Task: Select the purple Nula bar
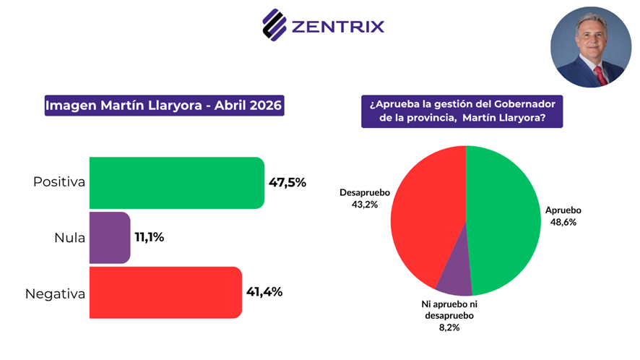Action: point(110,237)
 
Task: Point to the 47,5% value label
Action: point(287,182)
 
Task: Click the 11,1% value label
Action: point(150,237)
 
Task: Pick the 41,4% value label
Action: point(264,292)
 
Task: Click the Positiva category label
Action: point(59,182)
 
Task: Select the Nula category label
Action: point(69,237)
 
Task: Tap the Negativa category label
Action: point(56,293)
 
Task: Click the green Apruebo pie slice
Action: point(506,217)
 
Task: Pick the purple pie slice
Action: point(455,279)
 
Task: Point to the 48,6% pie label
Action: point(561,222)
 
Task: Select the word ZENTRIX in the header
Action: point(337,27)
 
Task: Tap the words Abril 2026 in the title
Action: point(249,106)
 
